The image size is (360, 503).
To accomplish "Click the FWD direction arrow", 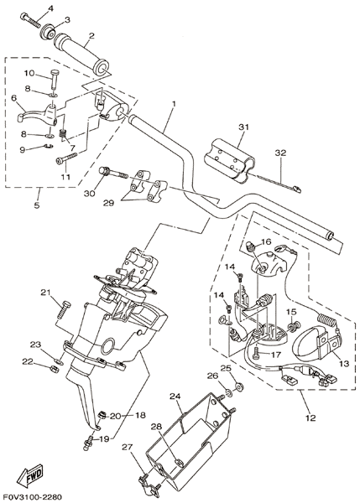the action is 30,474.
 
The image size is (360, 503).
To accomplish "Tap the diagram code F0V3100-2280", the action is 31,497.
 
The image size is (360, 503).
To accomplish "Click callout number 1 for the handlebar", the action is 174,105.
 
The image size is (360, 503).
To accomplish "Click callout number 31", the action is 244,127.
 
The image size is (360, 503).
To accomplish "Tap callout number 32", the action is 280,153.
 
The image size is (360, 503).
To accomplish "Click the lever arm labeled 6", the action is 38,115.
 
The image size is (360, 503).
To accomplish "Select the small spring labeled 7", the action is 64,134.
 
